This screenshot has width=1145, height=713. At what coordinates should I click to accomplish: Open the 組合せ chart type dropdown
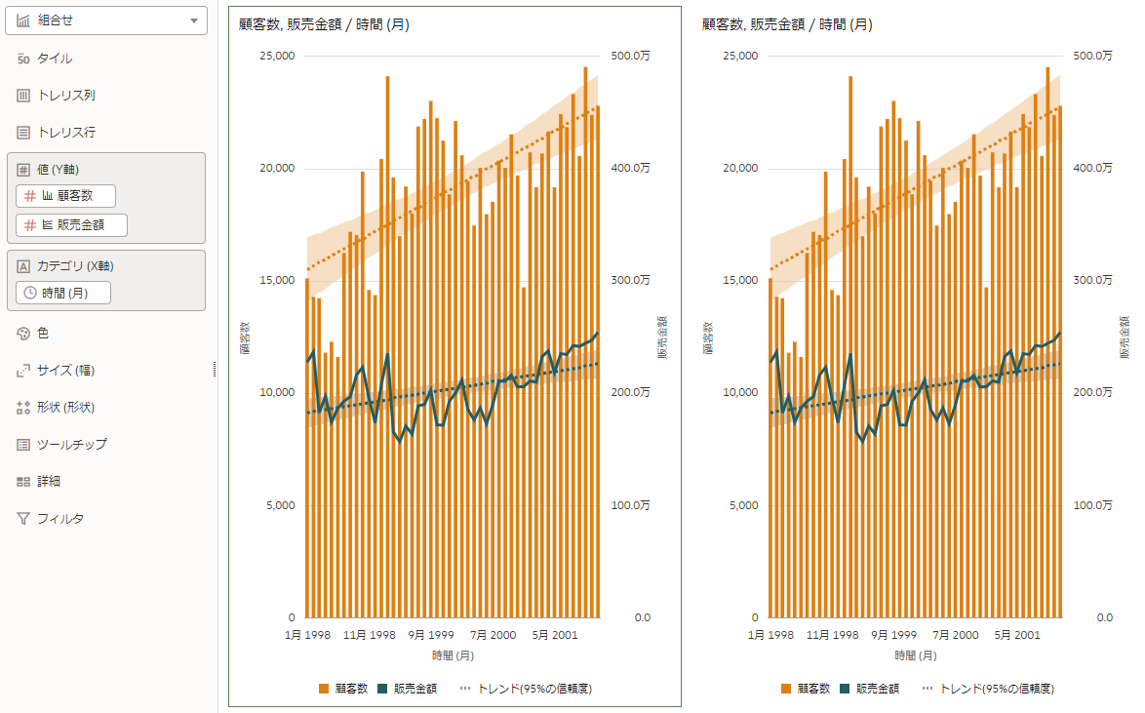tap(106, 20)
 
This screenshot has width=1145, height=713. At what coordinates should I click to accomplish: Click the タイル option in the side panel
tap(54, 59)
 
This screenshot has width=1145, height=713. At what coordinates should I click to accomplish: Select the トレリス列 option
tap(65, 96)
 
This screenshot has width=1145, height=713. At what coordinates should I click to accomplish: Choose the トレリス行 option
tap(65, 133)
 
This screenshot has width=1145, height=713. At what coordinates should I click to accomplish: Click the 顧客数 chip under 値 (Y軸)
tap(66, 196)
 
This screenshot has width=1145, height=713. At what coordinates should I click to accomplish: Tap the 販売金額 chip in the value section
tap(72, 225)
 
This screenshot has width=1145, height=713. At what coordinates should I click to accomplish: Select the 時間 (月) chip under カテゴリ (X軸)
tap(64, 293)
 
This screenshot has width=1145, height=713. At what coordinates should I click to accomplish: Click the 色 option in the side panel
tap(43, 334)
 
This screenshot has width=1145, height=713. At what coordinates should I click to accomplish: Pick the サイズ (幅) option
tap(65, 371)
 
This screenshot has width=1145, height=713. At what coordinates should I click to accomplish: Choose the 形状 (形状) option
tap(65, 408)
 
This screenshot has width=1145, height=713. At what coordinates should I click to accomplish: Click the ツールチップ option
tap(71, 445)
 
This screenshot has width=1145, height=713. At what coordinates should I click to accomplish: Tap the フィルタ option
tap(59, 519)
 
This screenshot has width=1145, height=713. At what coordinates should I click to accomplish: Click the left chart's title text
tap(323, 25)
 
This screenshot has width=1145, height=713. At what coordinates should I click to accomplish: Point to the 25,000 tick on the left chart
tap(274, 56)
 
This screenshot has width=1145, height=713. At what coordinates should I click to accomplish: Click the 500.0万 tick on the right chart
tap(1092, 56)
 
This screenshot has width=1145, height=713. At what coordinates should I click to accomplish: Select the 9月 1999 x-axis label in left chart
tap(431, 635)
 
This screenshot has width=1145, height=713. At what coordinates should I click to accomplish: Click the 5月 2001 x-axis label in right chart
tap(1017, 635)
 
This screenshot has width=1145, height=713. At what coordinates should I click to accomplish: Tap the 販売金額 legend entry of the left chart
tap(408, 689)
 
